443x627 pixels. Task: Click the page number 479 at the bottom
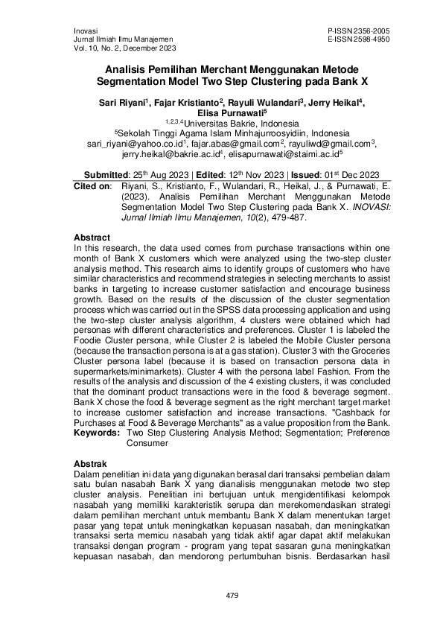221,595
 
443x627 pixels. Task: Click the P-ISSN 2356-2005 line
358,30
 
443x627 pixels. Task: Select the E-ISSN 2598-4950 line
358,38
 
